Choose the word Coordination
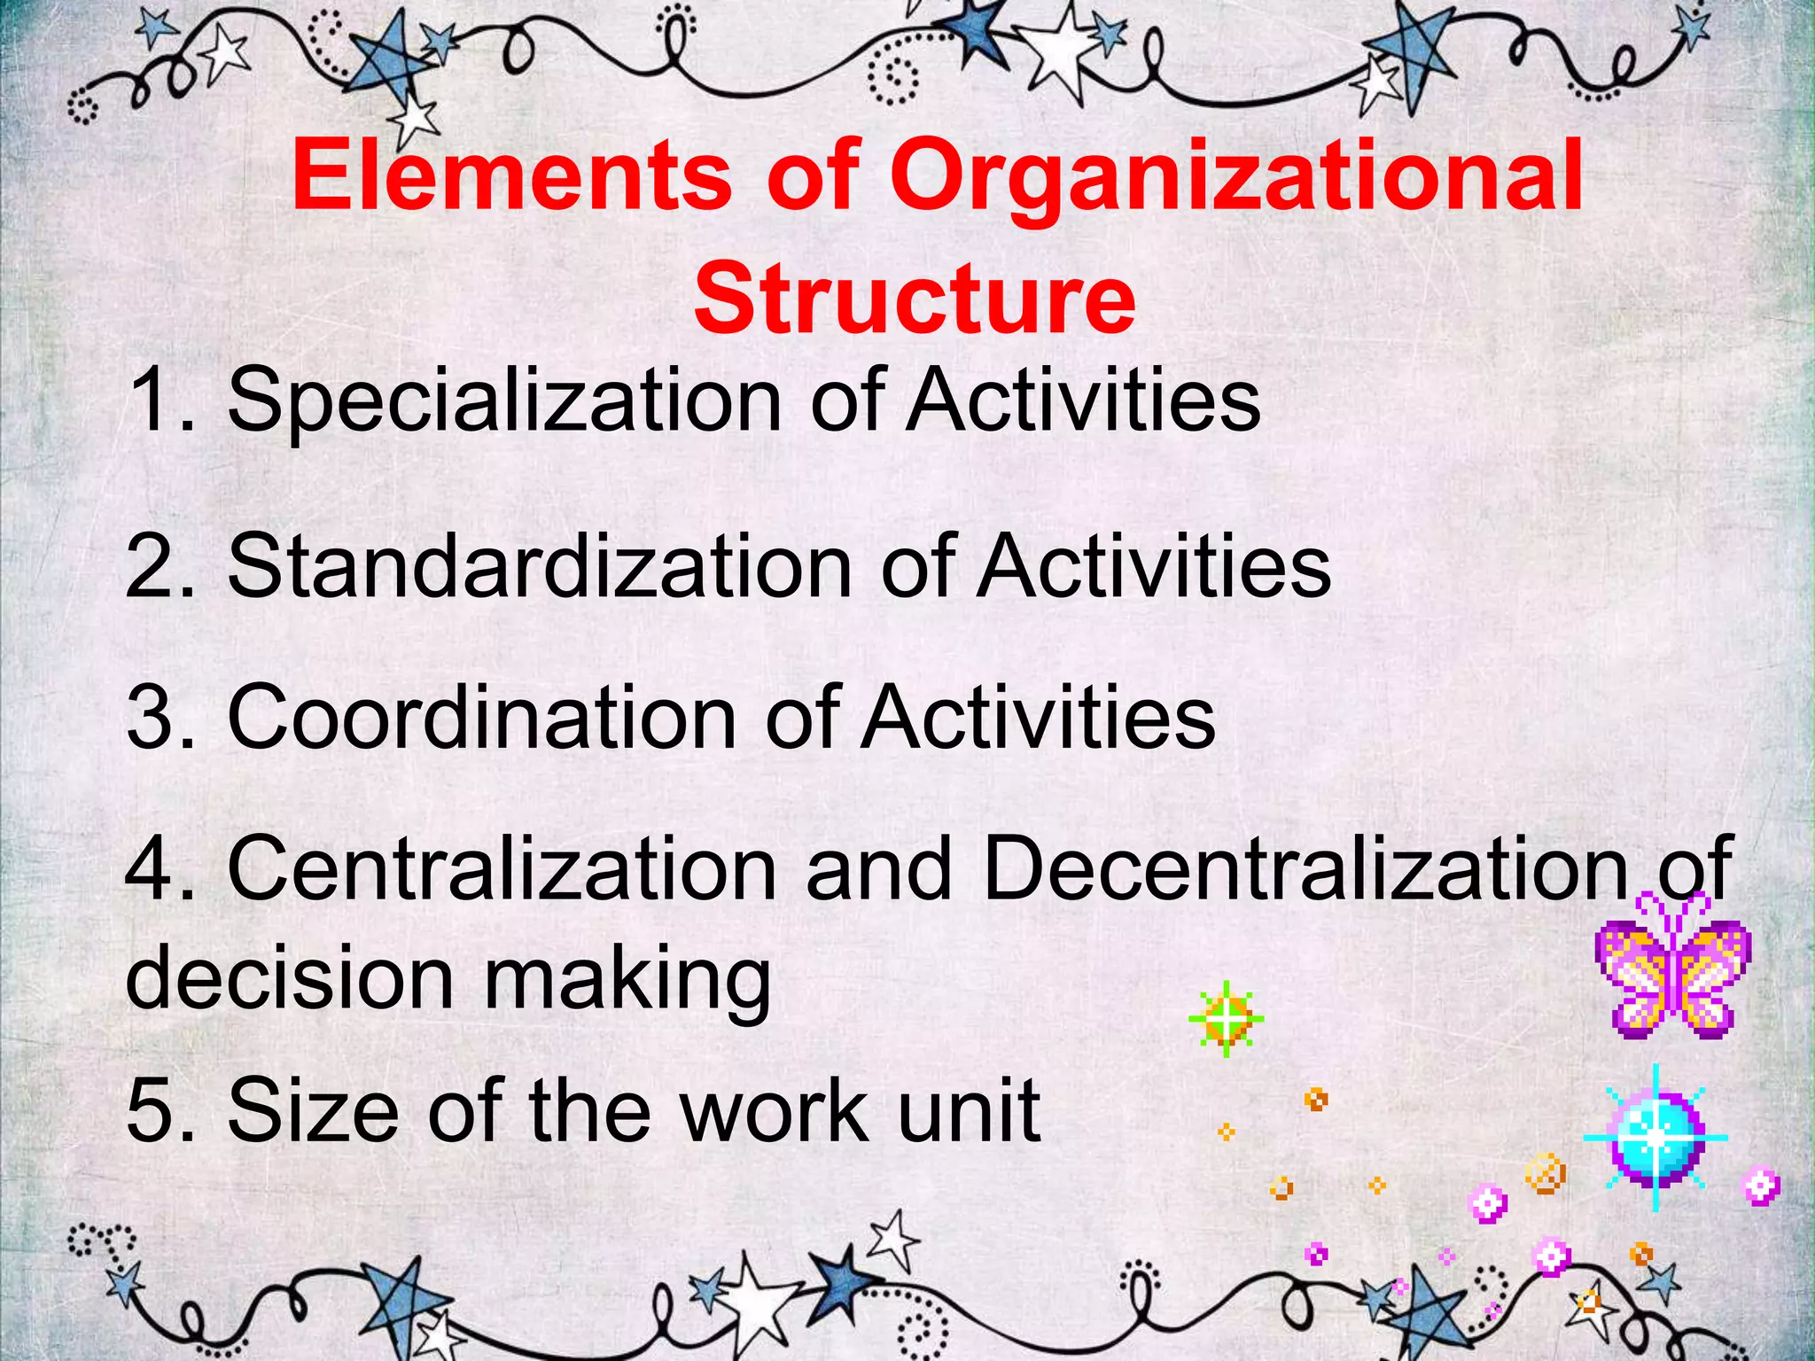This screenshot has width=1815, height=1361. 482,717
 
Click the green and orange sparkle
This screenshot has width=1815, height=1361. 1226,1019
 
